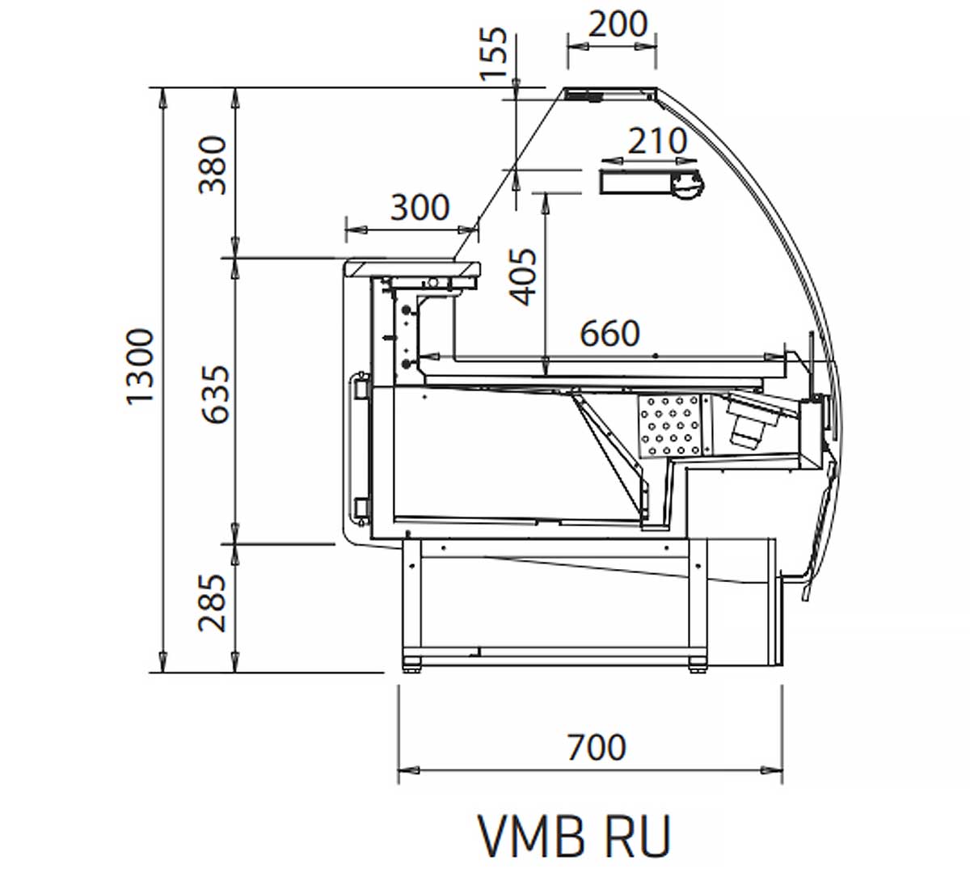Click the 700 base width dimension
(596, 747)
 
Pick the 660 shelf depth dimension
(610, 333)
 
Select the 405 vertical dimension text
(525, 276)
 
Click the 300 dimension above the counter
(420, 208)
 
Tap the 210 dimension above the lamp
(657, 142)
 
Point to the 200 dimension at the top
(618, 25)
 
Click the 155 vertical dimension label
(494, 54)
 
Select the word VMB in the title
(530, 836)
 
